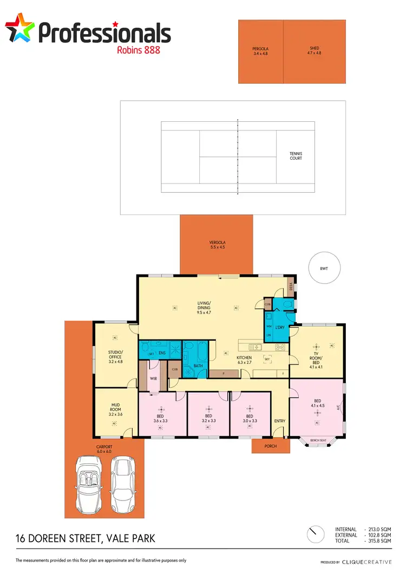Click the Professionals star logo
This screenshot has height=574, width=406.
tap(20, 29)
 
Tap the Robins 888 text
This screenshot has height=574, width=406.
tap(139, 50)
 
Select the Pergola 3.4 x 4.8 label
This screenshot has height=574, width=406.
tap(260, 51)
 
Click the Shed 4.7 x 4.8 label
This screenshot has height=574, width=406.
tap(314, 51)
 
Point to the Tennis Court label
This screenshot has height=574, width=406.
tap(295, 156)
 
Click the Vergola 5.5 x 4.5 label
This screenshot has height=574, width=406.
tap(217, 244)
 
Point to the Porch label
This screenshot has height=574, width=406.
tap(270, 447)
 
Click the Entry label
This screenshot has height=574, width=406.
tap(279, 421)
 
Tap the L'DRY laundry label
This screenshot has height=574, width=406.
tap(280, 328)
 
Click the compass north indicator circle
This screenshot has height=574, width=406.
tap(313, 534)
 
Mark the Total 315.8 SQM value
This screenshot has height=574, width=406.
tap(379, 541)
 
